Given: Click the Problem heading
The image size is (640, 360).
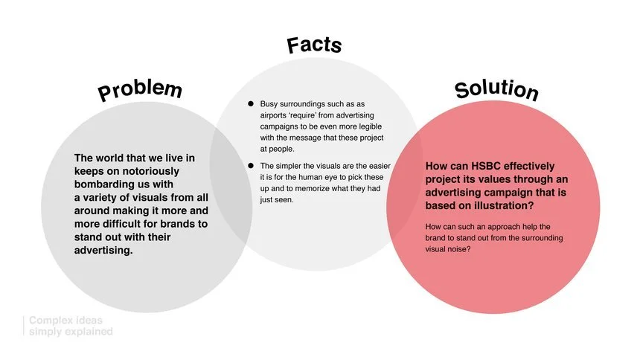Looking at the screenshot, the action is click(x=139, y=91).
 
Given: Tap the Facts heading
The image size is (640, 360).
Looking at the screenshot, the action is click(x=314, y=45).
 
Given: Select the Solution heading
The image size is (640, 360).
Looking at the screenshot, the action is click(x=496, y=89).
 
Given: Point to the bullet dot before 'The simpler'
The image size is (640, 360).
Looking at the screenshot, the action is click(x=252, y=165).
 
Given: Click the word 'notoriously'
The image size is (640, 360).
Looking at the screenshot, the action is click(x=156, y=170).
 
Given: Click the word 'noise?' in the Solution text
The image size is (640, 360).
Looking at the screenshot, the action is click(x=470, y=249).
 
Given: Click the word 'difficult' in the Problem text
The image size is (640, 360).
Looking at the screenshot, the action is click(x=135, y=223).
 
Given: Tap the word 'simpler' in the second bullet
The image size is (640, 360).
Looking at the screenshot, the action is click(x=291, y=165).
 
